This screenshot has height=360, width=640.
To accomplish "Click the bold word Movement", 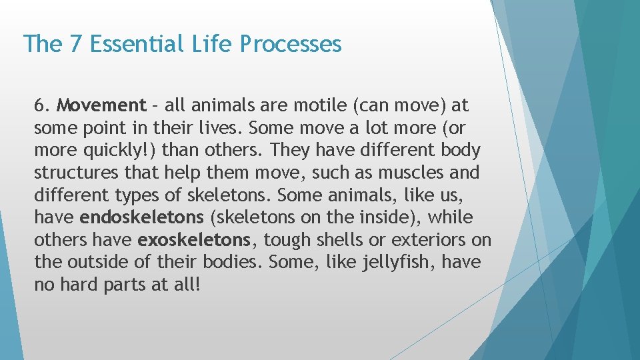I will tap(101, 105).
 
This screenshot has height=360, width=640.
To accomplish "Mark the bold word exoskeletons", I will tap(193, 240).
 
